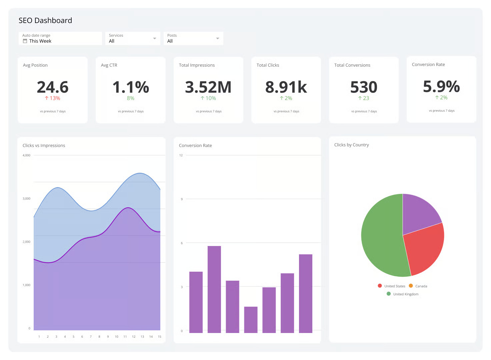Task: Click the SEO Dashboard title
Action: tap(45, 20)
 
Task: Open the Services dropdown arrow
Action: tap(154, 38)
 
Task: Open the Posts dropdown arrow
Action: tap(217, 38)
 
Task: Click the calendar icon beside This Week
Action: tap(25, 41)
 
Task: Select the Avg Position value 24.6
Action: tap(53, 87)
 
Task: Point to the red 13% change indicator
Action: tap(53, 98)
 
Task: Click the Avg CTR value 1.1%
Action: tap(131, 87)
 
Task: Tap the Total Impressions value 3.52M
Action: tap(208, 87)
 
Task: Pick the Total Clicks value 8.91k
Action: tap(286, 87)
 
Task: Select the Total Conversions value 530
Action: tap(364, 87)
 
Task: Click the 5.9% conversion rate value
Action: tap(441, 86)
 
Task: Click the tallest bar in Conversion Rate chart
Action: tap(214, 289)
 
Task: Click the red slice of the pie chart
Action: tap(425, 250)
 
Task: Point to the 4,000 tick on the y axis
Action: tap(26, 155)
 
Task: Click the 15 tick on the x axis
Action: tap(159, 337)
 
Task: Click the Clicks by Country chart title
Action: tap(351, 145)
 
